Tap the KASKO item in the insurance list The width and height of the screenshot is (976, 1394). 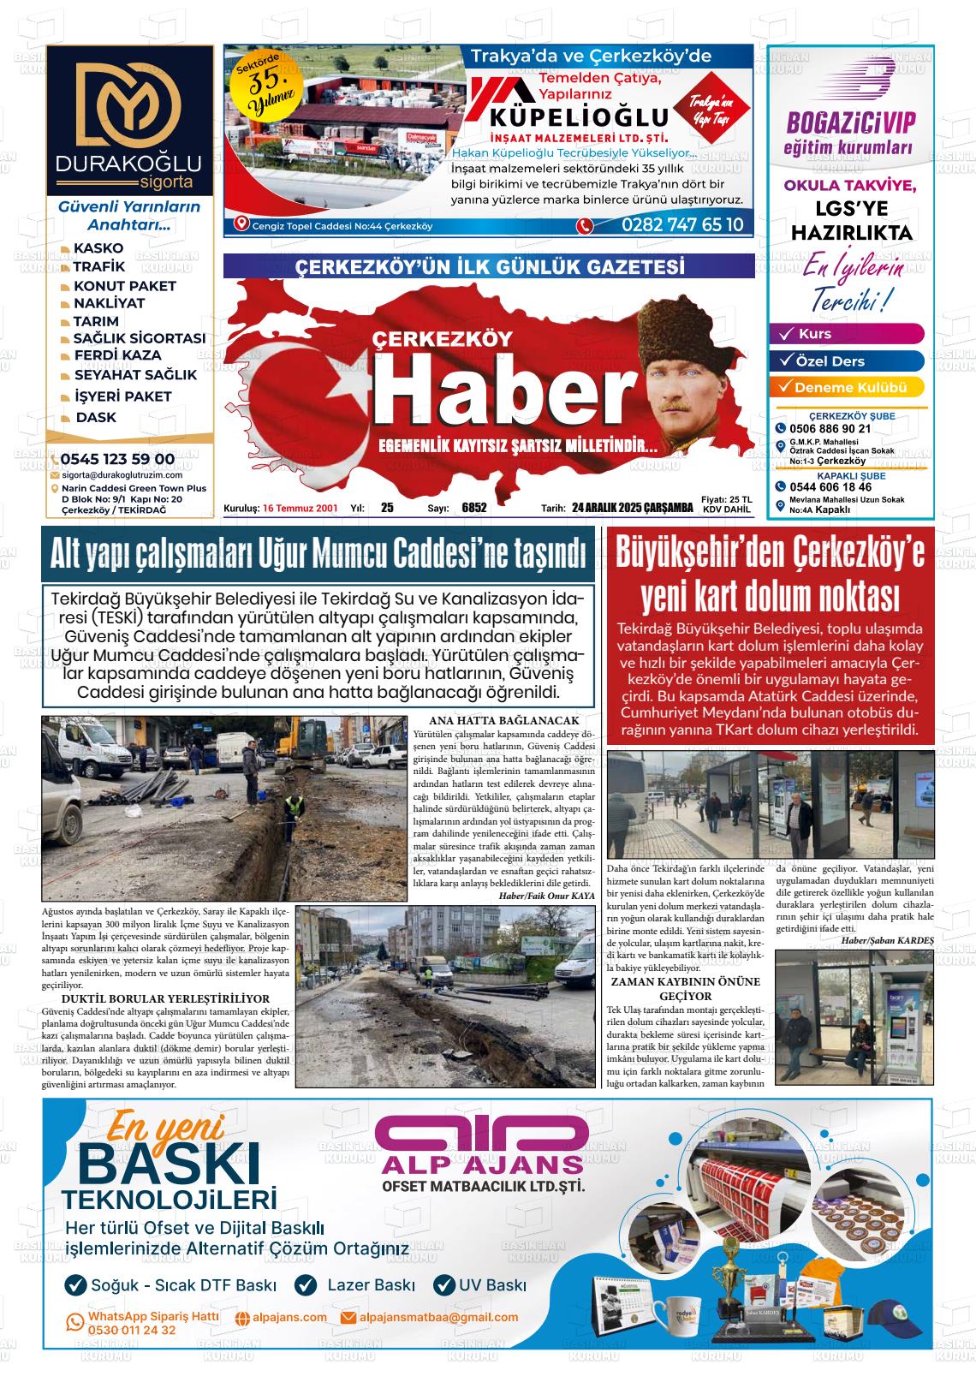coord(98,248)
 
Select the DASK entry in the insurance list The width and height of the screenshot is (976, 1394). coord(96,418)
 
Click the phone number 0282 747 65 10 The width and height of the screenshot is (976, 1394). coord(682,225)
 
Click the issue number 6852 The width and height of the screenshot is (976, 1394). coord(473,508)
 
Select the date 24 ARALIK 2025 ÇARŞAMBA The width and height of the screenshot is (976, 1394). coord(633,508)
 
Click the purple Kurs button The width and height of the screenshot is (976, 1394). coord(846,334)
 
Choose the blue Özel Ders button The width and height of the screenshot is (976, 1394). coord(846,361)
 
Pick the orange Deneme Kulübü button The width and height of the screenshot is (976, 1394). coord(846,387)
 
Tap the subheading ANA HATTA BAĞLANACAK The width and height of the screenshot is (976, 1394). coord(503,721)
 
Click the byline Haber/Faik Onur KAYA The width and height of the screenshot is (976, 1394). coord(546,896)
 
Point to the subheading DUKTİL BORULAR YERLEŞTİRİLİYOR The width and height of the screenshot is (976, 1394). coord(166,998)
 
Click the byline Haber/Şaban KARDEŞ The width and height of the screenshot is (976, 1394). coord(888,940)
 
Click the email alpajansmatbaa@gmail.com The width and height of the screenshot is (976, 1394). coord(438,1317)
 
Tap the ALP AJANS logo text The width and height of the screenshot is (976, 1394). coord(482,1165)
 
